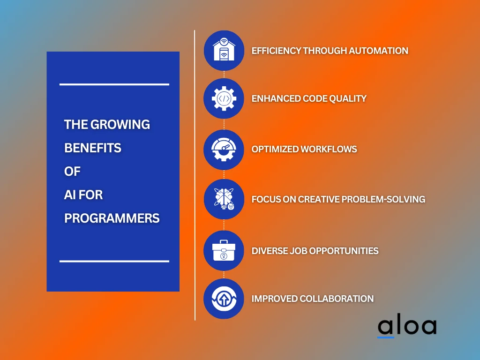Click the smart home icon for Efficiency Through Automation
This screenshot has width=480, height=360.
(224, 51)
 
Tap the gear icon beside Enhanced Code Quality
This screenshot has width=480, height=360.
(224, 98)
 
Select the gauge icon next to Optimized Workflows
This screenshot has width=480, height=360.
(224, 150)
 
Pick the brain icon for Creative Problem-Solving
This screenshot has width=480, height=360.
(224, 199)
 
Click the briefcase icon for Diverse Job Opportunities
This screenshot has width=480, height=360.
(224, 251)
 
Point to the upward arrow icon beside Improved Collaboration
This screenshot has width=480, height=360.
(224, 299)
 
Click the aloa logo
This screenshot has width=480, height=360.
(407, 327)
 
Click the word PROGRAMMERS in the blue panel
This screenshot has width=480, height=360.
(112, 218)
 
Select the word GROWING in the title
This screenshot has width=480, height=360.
(120, 125)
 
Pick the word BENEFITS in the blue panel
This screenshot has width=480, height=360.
(93, 148)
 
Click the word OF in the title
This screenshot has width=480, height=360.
(72, 172)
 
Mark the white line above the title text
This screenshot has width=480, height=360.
(114, 84)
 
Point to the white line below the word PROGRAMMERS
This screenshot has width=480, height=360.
(114, 261)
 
